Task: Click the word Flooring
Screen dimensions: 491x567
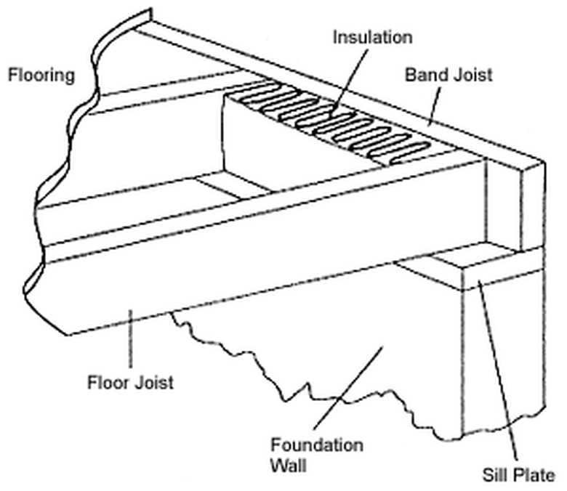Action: (41, 75)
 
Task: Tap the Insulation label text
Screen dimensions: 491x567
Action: (371, 37)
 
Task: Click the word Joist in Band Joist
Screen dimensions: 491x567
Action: (471, 75)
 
